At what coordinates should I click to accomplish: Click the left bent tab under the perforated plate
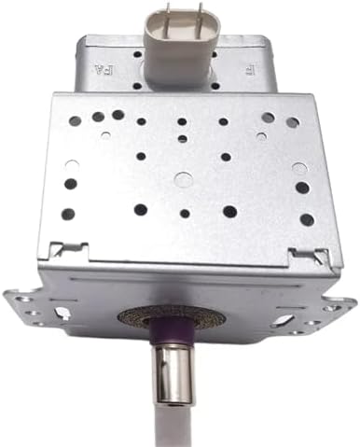tap(67, 250)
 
